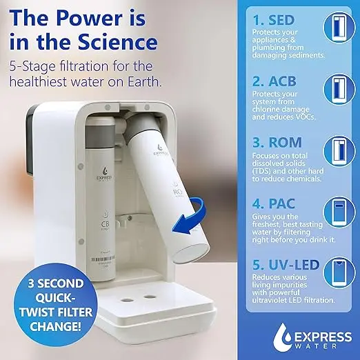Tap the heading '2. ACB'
[273, 80]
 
